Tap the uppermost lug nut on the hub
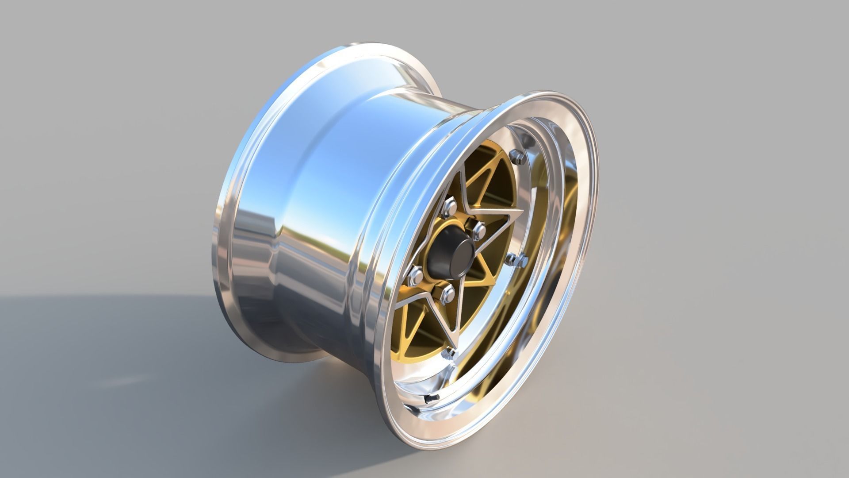451,206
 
